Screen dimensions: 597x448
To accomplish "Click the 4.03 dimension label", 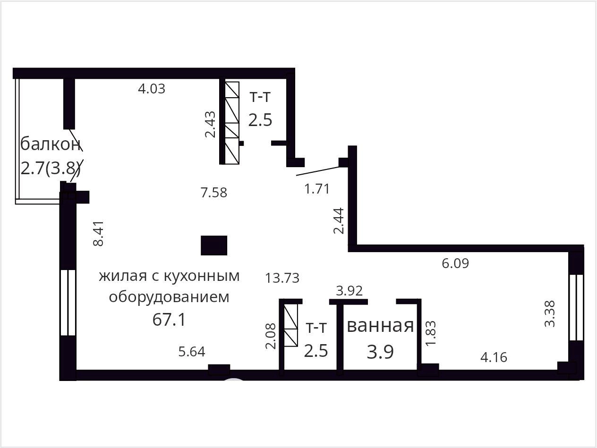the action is click(x=152, y=89).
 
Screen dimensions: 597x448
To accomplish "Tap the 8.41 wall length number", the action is click(x=98, y=233).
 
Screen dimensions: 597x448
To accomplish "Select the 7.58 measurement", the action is click(x=214, y=193).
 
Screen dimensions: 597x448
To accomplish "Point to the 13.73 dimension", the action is click(x=282, y=278).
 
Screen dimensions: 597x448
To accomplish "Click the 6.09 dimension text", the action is click(x=455, y=263).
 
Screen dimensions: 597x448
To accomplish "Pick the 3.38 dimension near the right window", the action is click(x=550, y=313).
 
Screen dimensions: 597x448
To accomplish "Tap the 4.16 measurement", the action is click(x=494, y=357).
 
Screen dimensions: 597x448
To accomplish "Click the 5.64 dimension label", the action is click(x=192, y=352).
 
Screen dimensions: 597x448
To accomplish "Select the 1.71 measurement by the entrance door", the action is click(x=317, y=189).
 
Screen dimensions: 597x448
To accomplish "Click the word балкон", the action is click(x=51, y=144).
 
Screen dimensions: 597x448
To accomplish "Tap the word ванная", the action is click(x=380, y=326).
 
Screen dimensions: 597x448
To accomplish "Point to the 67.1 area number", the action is click(x=169, y=320).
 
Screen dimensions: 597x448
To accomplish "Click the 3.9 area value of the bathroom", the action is click(x=380, y=352).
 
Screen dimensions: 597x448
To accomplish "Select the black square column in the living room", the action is click(x=214, y=245).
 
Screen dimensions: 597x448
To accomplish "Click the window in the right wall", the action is click(x=576, y=307).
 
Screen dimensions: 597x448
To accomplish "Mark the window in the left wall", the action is click(x=68, y=303).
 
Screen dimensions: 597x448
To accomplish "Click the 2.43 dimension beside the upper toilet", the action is click(x=210, y=124).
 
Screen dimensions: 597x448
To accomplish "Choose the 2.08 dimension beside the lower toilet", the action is click(x=271, y=336).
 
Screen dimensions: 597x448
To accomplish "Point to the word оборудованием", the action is click(x=169, y=297).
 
